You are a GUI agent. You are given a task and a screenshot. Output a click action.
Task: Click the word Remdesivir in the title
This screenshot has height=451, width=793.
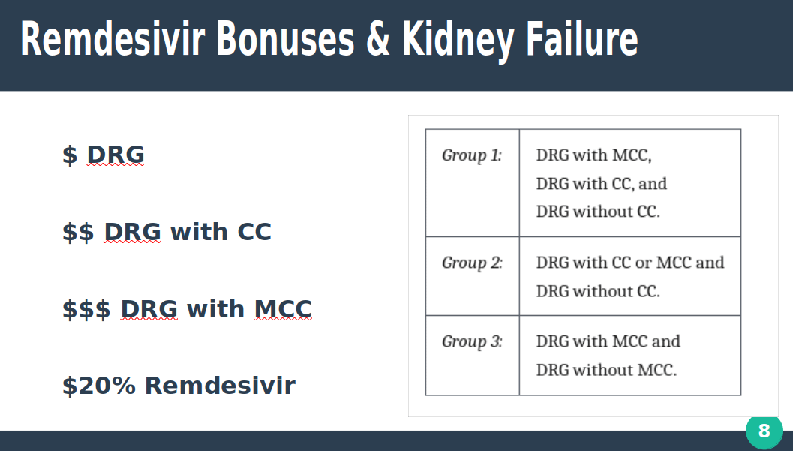(113, 38)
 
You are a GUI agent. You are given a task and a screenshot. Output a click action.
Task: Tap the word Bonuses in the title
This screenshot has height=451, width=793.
(285, 38)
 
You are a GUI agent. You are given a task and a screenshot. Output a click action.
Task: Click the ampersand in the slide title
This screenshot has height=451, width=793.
(378, 39)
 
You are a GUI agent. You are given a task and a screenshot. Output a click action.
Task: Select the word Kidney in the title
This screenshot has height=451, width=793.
(458, 41)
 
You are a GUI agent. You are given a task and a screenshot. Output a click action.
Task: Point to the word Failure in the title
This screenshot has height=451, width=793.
(582, 38)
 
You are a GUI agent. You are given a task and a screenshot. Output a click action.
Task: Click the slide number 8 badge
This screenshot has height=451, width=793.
(764, 431)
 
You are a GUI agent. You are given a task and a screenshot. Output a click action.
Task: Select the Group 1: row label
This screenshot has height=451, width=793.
(472, 155)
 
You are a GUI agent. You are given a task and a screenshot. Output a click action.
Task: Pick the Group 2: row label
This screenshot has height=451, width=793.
(473, 263)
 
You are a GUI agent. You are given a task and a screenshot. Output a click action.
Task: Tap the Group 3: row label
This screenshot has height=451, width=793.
(473, 341)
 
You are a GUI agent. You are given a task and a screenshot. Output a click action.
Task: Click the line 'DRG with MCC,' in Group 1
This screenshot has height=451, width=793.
(593, 155)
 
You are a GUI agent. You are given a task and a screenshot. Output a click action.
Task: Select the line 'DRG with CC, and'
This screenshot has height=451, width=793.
(602, 184)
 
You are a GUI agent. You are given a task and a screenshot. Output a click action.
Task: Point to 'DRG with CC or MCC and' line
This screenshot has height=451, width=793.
(630, 263)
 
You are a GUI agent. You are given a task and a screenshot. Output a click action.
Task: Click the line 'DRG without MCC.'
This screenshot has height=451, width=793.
(606, 370)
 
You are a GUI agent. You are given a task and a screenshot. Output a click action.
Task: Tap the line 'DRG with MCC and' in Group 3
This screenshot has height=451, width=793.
(608, 341)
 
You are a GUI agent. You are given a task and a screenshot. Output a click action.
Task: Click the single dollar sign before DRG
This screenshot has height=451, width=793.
(70, 155)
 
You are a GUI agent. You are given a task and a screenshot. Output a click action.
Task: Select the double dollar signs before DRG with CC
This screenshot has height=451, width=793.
(78, 232)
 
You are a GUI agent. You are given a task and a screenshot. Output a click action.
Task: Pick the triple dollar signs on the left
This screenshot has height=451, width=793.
(86, 309)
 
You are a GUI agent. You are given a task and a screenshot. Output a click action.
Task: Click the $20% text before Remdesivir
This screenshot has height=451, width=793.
(99, 385)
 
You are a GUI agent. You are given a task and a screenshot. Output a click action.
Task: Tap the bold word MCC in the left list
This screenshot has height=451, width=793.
(283, 309)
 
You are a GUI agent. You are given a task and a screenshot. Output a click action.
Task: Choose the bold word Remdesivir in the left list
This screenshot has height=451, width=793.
(220, 385)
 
